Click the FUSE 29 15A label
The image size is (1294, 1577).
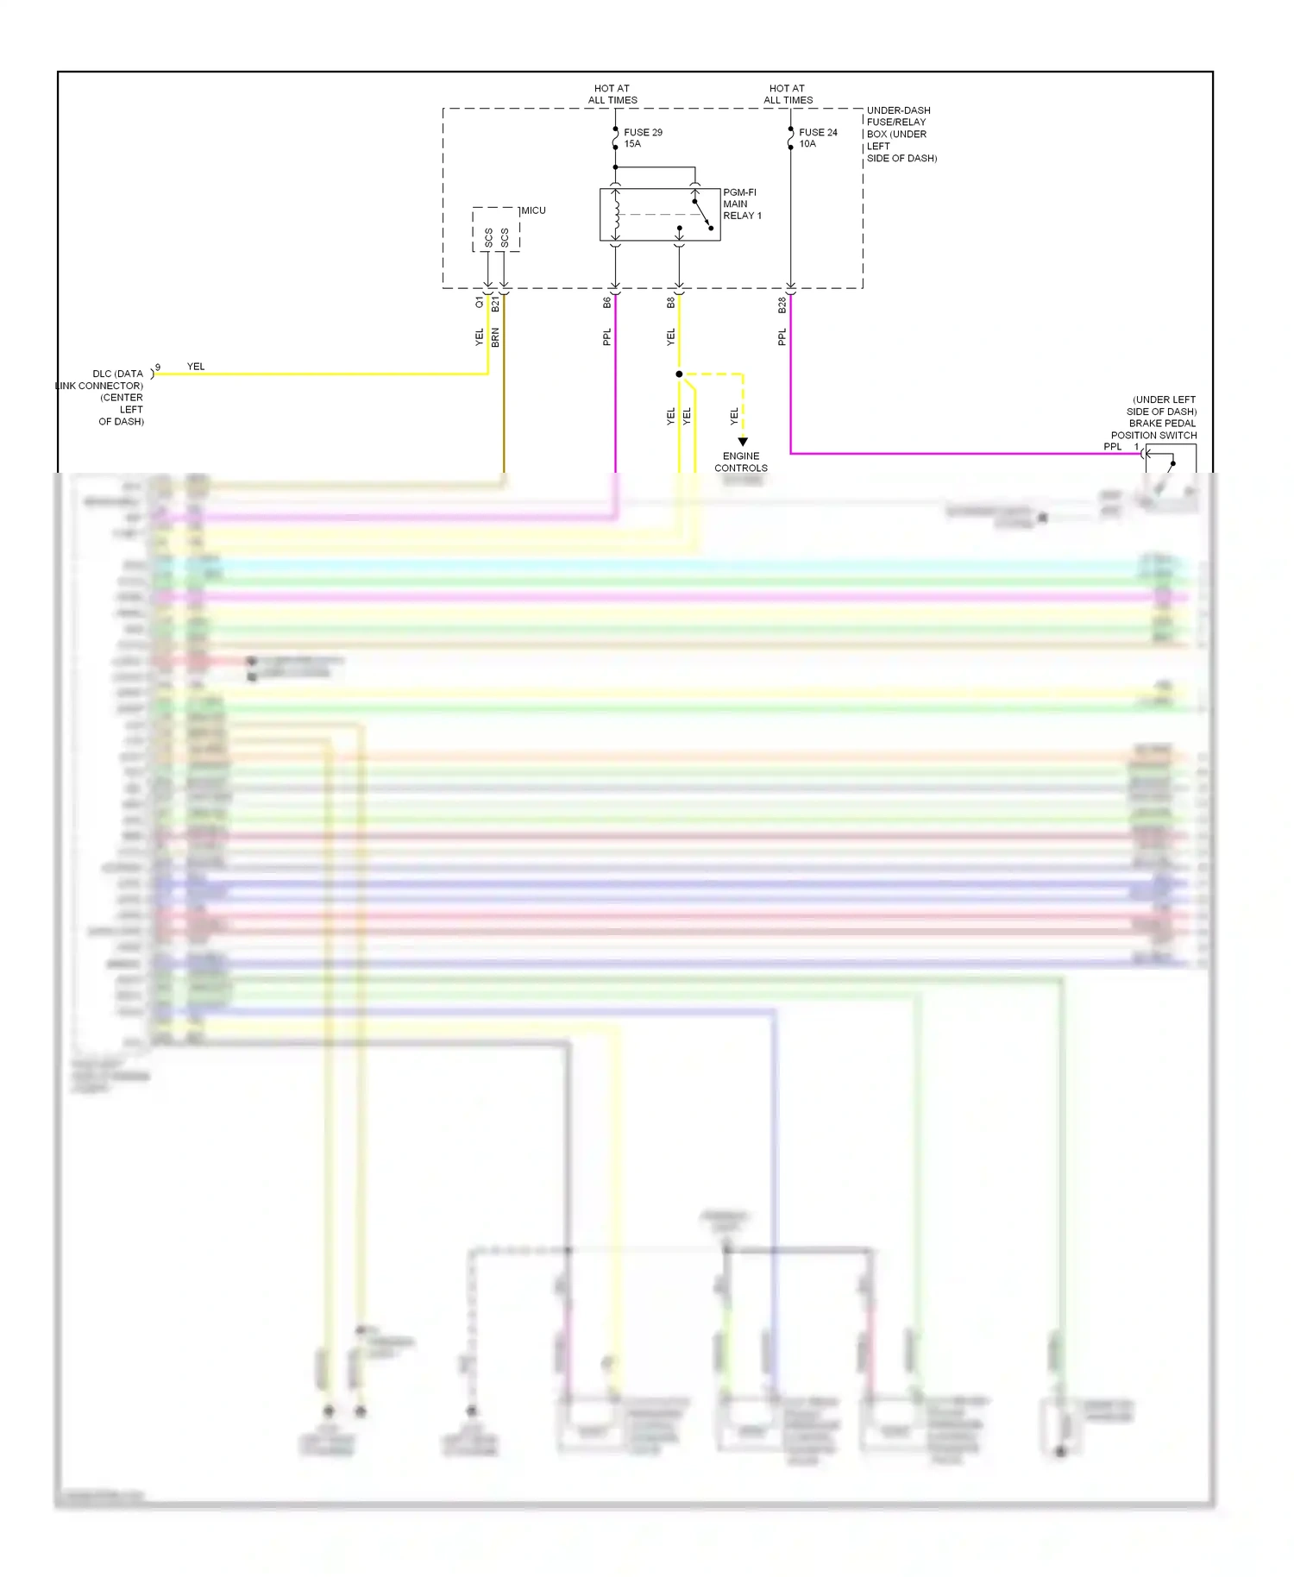[642, 138]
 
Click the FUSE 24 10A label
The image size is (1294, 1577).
[817, 138]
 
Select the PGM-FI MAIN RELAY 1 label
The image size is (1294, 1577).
[742, 204]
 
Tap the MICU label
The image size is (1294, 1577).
[533, 210]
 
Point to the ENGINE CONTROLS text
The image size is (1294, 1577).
[740, 462]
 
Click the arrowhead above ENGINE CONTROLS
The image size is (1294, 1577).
[743, 442]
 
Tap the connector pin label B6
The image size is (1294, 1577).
[606, 303]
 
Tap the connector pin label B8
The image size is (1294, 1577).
[670, 303]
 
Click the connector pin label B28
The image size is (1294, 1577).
[782, 305]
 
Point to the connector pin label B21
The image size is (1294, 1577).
[495, 305]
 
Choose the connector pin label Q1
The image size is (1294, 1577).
[479, 303]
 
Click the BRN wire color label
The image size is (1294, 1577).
[495, 337]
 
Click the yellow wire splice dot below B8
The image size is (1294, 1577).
[679, 374]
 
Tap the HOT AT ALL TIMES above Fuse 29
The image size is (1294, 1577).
[612, 94]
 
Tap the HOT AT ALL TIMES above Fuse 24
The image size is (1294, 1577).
[788, 94]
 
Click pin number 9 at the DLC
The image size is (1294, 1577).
[158, 368]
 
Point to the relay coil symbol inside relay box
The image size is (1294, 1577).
[616, 215]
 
